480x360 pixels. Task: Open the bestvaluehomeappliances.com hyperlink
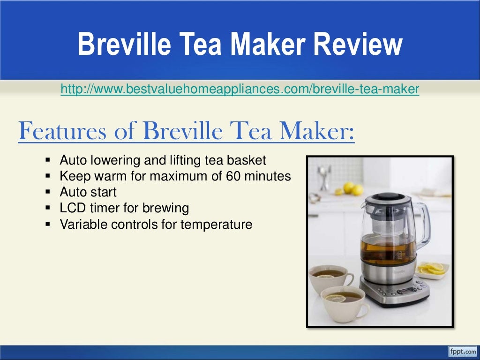tap(240, 89)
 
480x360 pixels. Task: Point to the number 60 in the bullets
tap(233, 177)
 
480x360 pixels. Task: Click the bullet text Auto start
tap(88, 192)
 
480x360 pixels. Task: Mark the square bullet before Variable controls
tap(48, 224)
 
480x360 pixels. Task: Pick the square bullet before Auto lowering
tap(48, 160)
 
